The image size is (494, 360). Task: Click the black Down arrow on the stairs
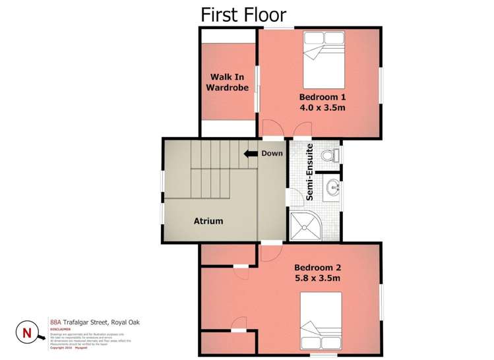point(249,154)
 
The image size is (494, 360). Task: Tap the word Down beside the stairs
point(272,154)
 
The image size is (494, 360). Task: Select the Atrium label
point(208,221)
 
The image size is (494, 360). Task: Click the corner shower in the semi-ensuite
point(304,225)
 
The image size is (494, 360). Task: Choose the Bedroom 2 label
point(317,268)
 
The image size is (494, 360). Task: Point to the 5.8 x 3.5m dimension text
point(317,280)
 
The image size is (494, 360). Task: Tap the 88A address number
point(56,322)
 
